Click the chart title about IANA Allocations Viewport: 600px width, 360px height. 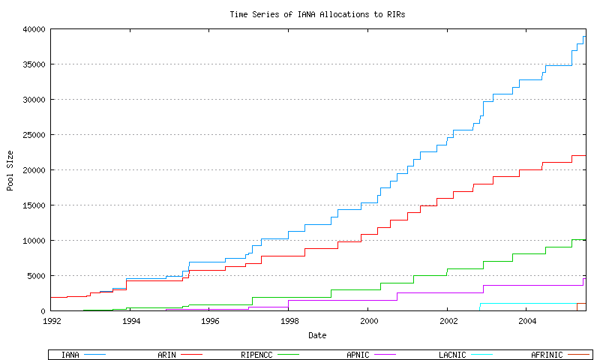[x=317, y=14]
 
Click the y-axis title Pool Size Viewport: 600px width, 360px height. [x=10, y=169]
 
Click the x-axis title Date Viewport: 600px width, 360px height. [x=317, y=335]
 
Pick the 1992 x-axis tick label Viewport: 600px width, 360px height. [x=52, y=320]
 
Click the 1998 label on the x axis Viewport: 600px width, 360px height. [x=289, y=320]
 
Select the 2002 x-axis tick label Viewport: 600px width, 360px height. [x=447, y=320]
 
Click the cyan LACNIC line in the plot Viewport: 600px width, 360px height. [x=525, y=303]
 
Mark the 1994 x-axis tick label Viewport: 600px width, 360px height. [x=131, y=320]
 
